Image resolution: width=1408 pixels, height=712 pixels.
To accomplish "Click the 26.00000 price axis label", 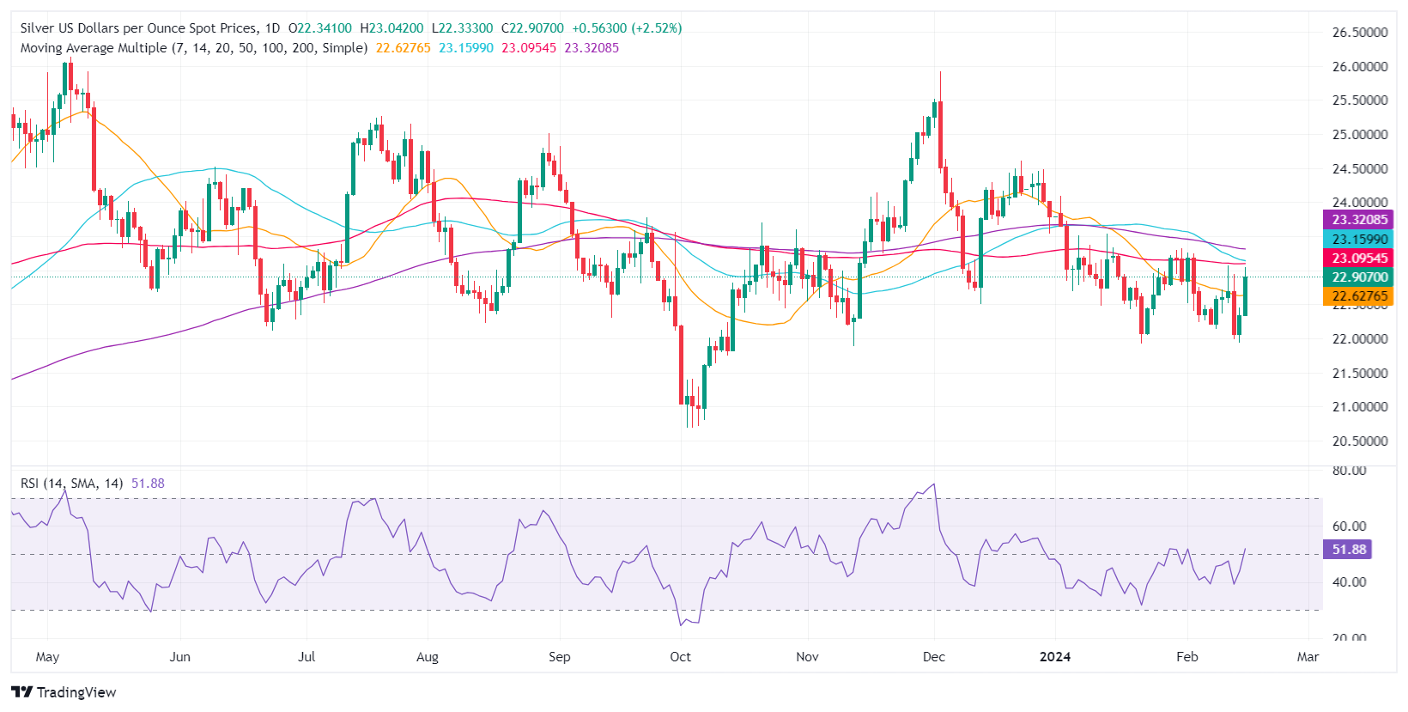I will [1359, 66].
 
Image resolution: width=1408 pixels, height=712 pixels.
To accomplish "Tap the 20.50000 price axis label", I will [1359, 441].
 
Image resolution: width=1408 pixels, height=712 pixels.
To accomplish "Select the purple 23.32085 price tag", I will [1359, 220].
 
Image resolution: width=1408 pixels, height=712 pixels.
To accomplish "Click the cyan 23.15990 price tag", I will [1359, 240].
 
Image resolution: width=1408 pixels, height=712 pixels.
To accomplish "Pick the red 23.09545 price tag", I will [1359, 259].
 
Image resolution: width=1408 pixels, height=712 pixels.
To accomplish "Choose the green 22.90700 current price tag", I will [1359, 277].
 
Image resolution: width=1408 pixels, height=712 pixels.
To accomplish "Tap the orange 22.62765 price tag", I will [1359, 296].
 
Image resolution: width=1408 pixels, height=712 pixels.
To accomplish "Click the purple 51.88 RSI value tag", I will [1349, 550].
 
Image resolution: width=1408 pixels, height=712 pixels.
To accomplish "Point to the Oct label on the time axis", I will [680, 657].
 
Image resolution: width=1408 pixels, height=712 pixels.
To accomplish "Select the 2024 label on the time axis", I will [1054, 657].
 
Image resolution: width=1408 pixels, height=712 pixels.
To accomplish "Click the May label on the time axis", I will [47, 657].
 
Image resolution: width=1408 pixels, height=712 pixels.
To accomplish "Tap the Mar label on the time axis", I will [1307, 657].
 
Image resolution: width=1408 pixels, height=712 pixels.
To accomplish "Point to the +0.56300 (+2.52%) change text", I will [627, 28].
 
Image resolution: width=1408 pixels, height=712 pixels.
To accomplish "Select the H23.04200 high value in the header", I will [391, 28].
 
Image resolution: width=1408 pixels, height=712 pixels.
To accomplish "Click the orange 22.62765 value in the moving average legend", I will [403, 48].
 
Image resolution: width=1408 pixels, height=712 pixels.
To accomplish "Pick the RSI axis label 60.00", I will [1349, 526].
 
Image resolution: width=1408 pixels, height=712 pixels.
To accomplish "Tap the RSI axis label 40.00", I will [1349, 581].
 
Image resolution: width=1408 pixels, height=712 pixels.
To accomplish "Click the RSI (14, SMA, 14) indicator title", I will [71, 484].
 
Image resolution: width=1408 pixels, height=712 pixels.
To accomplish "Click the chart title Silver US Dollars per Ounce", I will [137, 28].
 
